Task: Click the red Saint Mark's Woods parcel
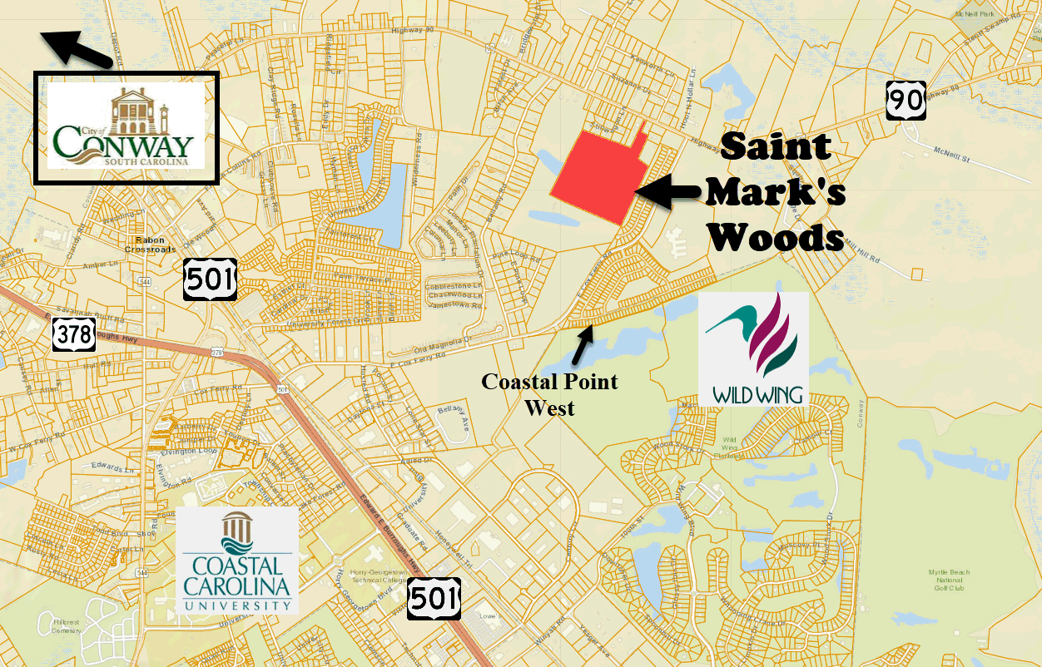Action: click(x=596, y=175)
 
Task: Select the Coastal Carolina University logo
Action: click(x=237, y=561)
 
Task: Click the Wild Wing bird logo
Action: click(x=753, y=348)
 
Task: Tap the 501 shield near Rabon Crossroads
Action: click(x=211, y=279)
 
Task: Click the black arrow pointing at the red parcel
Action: click(x=669, y=191)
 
